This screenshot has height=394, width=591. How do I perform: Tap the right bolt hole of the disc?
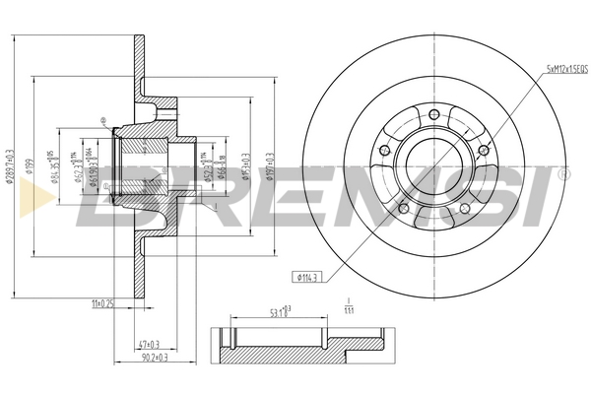[483, 150]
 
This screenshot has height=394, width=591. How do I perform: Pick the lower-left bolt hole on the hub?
[402, 208]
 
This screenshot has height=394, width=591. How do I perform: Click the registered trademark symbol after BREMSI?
[562, 174]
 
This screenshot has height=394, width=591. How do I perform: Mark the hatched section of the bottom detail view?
[295, 346]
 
